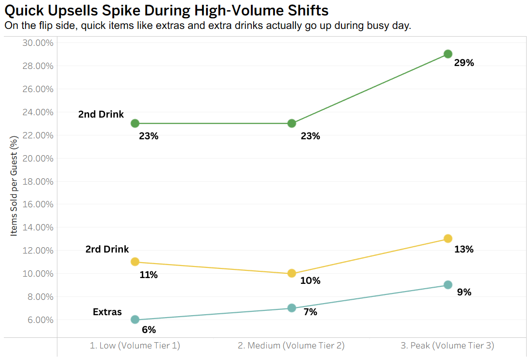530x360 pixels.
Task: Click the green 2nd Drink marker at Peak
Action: coord(448,54)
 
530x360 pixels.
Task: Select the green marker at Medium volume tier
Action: coord(291,123)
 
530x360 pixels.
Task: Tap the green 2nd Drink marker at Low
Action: coord(135,123)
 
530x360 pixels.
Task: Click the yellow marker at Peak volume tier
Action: coord(448,239)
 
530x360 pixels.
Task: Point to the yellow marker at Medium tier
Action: coord(291,273)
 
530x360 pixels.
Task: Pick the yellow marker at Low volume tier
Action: coord(135,262)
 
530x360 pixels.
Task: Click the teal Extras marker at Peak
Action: coord(448,285)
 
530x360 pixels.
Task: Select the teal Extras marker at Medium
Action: coord(291,308)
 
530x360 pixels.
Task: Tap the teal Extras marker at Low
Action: coord(135,320)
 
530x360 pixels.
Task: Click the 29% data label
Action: coord(464,63)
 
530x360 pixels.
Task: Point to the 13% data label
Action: coord(464,249)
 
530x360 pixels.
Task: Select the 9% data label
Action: coord(464,292)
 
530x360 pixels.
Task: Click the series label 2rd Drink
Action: coord(107,249)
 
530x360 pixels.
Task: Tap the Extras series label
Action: coord(107,312)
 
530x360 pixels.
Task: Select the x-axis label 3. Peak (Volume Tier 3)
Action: coord(447,346)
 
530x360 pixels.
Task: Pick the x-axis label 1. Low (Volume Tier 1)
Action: coord(135,346)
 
